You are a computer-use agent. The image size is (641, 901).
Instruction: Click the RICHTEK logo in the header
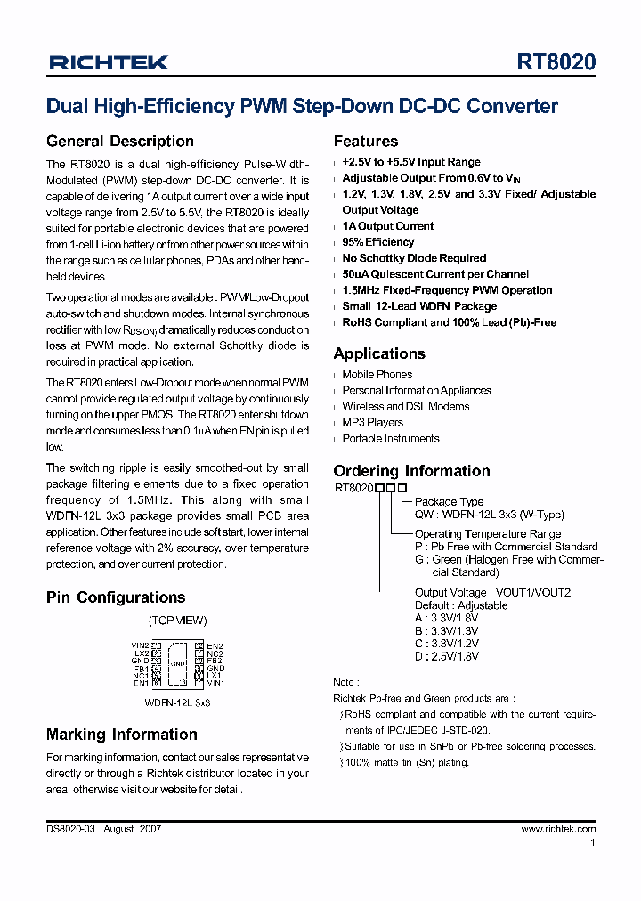tap(109, 62)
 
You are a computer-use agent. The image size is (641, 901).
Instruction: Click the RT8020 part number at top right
tap(556, 62)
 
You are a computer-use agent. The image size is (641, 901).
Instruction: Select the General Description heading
tap(119, 142)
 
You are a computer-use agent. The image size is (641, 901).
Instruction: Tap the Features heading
tap(365, 142)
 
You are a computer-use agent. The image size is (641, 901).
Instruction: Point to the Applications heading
tap(379, 353)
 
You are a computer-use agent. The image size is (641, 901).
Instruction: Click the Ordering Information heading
tap(411, 471)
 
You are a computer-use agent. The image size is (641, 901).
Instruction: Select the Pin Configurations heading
tap(116, 597)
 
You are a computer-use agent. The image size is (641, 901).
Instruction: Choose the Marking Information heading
tap(121, 735)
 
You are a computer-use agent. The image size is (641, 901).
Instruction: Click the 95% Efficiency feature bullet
tap(377, 242)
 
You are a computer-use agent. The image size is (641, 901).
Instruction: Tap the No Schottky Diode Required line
tap(414, 258)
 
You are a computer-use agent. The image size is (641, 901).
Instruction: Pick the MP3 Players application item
tap(372, 423)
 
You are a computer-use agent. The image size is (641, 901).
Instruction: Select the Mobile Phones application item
tap(377, 375)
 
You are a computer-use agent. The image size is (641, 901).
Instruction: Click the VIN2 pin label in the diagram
tap(140, 645)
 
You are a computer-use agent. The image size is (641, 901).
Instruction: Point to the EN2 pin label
tap(215, 645)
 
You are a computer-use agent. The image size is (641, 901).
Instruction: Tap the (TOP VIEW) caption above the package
tap(177, 621)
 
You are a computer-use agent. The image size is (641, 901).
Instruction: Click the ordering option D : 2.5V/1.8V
tap(447, 656)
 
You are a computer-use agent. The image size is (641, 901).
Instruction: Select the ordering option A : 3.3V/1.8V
tap(447, 618)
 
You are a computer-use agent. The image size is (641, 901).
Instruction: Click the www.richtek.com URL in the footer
tap(558, 829)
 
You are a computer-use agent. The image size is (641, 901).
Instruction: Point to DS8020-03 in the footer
tap(70, 829)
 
